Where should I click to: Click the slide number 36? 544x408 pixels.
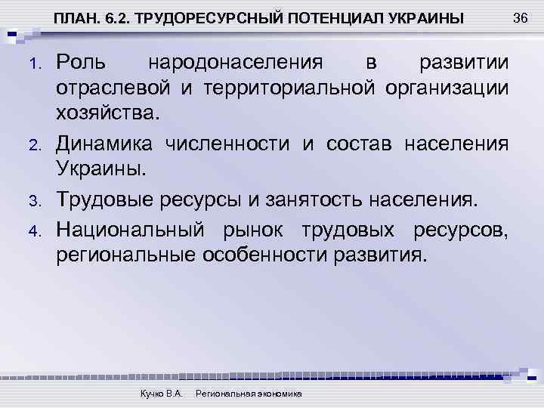[519, 17]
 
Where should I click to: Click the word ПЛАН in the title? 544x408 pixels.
[72, 19]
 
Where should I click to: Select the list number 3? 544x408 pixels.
[33, 200]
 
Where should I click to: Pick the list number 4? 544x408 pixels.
[33, 227]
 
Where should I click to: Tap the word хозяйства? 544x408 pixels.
[108, 114]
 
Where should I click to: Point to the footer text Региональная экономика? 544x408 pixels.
[249, 394]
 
